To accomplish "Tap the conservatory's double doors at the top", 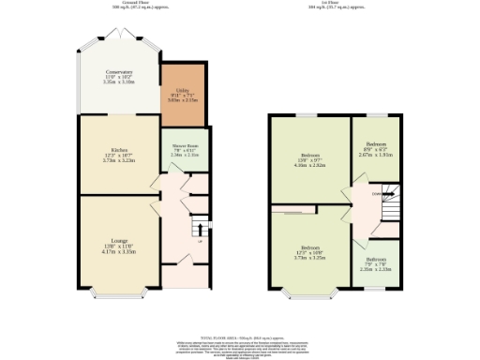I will point(119,35).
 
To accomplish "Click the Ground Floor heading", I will point(119,4).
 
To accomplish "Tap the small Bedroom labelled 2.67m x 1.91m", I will point(375,149).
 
